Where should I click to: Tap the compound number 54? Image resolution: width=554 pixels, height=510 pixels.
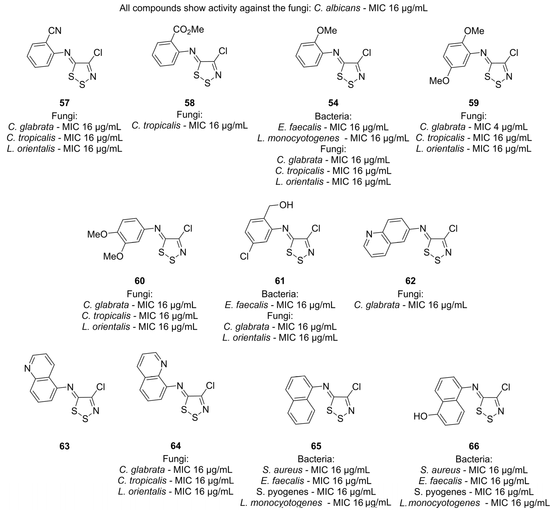(333, 103)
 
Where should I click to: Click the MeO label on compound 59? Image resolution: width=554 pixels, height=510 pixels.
(439, 81)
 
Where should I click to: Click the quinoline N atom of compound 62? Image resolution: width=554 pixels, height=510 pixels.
(369, 234)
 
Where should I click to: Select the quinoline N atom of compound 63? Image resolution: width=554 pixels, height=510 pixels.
(27, 368)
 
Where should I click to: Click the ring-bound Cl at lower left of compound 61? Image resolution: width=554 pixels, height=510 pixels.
(244, 257)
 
